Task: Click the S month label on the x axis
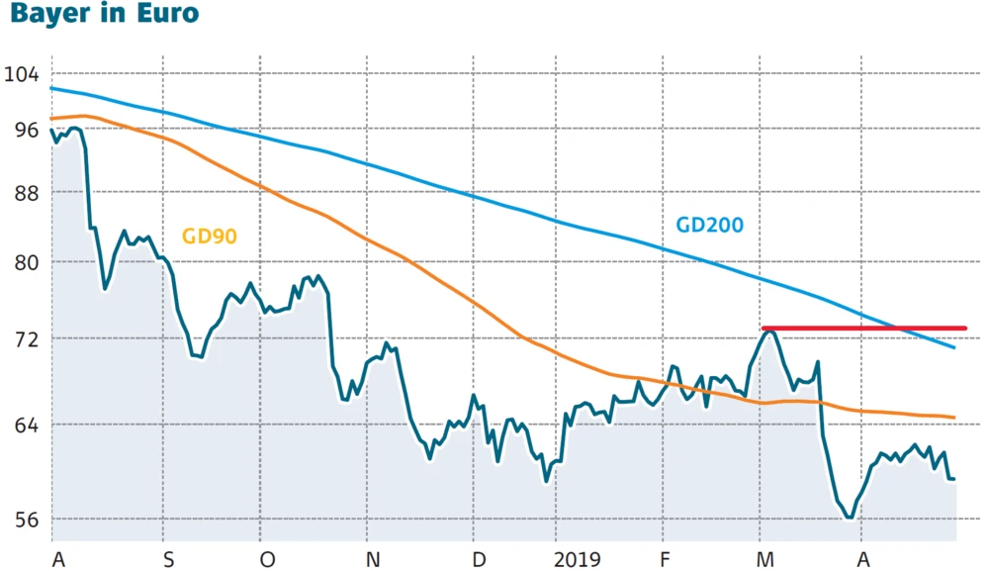click(167, 559)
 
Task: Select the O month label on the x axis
click(267, 559)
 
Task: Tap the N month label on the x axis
click(373, 559)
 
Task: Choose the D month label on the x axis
click(479, 559)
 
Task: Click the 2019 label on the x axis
click(577, 559)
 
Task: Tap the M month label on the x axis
click(764, 559)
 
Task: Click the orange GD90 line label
click(209, 236)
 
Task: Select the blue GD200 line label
click(709, 225)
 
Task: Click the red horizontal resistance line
click(890, 328)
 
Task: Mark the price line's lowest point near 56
click(849, 517)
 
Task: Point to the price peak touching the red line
click(767, 332)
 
